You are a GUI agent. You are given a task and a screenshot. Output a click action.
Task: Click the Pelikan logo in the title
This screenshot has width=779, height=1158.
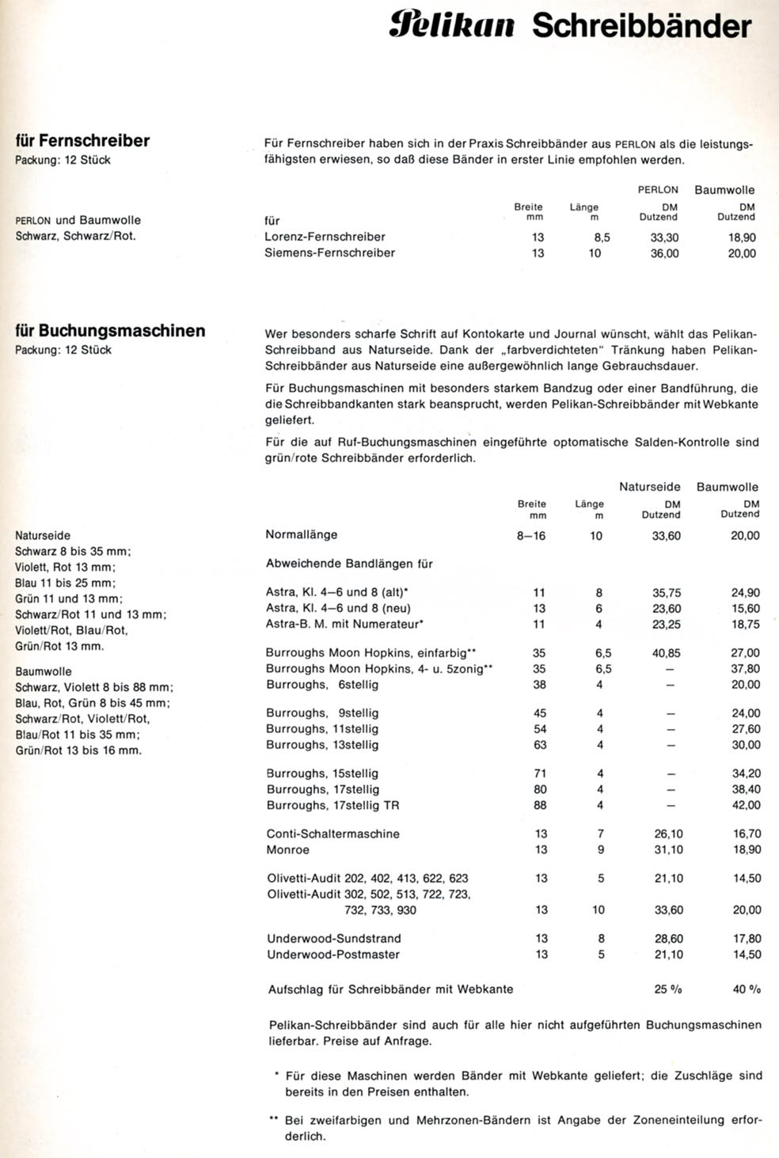click(452, 27)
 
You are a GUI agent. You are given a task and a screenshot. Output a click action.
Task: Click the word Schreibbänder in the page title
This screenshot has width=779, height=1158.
click(641, 27)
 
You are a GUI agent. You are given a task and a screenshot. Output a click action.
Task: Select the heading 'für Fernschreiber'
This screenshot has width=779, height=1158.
click(82, 141)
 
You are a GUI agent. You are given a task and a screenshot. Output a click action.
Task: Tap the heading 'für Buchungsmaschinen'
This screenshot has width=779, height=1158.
click(110, 331)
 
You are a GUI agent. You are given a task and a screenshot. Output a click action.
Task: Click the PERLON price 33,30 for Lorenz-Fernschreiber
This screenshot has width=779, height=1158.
click(664, 237)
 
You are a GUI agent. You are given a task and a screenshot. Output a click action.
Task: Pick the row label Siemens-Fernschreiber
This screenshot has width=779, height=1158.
click(329, 253)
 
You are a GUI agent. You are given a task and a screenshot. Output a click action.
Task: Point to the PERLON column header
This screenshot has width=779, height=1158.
click(658, 190)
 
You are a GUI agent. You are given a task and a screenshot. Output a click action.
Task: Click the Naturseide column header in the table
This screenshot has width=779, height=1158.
click(649, 488)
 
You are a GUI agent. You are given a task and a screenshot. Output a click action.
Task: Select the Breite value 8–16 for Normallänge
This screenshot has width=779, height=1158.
click(530, 536)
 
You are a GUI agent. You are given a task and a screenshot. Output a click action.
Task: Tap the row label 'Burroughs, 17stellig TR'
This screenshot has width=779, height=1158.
click(332, 806)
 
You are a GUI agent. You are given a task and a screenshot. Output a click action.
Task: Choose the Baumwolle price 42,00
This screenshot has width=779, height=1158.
click(746, 806)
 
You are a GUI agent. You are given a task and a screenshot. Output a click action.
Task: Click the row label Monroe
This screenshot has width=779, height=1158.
click(288, 850)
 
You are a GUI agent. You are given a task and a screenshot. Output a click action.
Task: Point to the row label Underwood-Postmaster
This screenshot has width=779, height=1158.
click(333, 955)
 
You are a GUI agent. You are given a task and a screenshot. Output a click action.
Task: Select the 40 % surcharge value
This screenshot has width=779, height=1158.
click(747, 989)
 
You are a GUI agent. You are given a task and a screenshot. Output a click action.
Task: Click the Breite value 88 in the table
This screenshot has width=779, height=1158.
click(540, 806)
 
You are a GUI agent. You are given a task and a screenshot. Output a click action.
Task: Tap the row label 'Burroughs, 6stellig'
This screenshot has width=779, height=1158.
click(322, 685)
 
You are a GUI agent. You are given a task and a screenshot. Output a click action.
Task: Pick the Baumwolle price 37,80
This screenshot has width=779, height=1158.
click(746, 669)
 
